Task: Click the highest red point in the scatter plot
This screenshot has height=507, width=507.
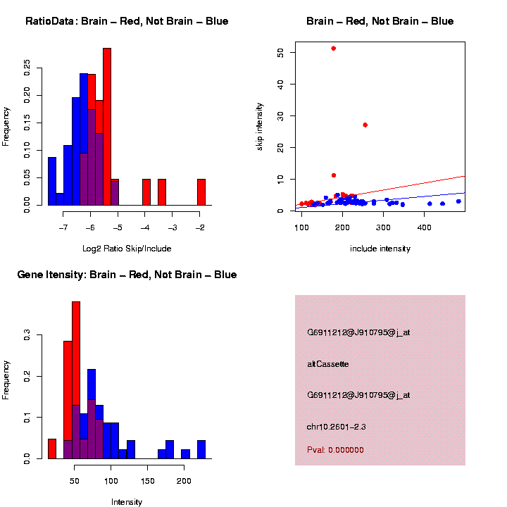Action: (x=333, y=48)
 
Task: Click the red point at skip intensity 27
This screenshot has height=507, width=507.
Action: (x=365, y=125)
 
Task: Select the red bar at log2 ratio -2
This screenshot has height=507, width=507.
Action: (x=201, y=192)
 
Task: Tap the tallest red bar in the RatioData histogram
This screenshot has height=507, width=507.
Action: (x=107, y=127)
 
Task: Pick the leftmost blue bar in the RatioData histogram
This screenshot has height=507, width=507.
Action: (x=51, y=181)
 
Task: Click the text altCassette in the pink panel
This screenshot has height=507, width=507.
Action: (x=327, y=364)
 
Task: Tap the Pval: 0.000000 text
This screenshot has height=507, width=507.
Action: (x=335, y=450)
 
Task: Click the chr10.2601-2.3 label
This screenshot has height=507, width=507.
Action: (x=336, y=427)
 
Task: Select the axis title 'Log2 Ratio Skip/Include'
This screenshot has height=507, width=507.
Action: (x=127, y=249)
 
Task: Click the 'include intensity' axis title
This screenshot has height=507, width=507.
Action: (x=380, y=249)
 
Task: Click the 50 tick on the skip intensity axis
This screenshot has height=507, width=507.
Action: (x=281, y=53)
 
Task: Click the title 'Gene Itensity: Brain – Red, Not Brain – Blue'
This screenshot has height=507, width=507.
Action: (x=127, y=274)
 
